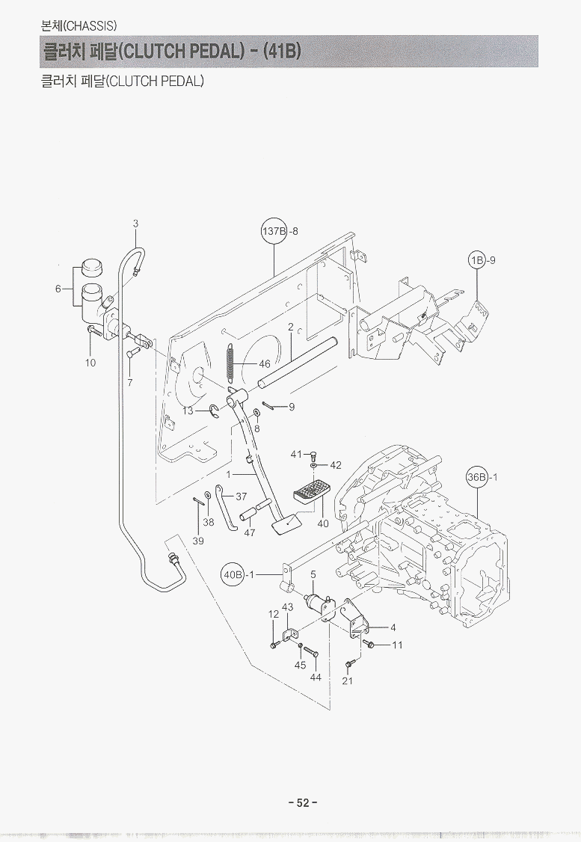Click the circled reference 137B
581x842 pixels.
[274, 231]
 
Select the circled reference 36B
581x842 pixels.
[477, 476]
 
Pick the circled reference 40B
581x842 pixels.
[233, 574]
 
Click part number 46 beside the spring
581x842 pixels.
[264, 364]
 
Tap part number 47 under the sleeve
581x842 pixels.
[250, 533]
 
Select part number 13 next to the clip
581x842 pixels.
[188, 411]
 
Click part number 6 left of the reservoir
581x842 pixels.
[58, 289]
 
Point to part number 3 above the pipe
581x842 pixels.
[135, 223]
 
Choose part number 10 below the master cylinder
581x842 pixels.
[90, 363]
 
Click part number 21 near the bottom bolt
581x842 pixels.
[347, 680]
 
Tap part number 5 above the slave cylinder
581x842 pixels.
[313, 574]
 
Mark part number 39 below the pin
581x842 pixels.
[198, 541]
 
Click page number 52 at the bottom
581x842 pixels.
[303, 802]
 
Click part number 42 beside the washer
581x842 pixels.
[335, 465]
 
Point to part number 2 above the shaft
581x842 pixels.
[290, 327]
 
